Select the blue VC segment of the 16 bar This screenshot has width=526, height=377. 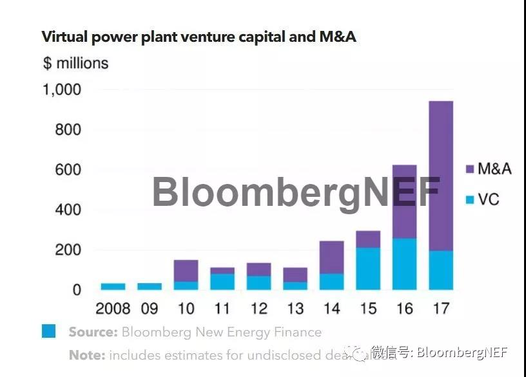click(x=404, y=264)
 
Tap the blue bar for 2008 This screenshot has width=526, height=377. click(x=113, y=286)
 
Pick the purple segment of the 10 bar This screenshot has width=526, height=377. click(x=186, y=270)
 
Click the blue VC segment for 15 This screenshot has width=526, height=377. click(x=368, y=268)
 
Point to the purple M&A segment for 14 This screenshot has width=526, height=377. click(x=331, y=257)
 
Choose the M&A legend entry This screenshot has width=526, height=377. click(x=488, y=169)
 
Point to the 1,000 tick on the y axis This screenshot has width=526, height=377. click(x=62, y=90)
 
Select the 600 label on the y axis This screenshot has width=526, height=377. click(x=68, y=170)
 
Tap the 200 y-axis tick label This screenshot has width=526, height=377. click(x=68, y=250)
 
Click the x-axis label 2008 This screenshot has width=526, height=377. click(x=113, y=309)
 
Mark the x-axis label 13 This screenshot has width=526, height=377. click(x=295, y=309)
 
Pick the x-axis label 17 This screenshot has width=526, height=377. click(x=441, y=309)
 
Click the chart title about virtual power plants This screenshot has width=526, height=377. click(x=199, y=37)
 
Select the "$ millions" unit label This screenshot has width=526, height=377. click(x=75, y=63)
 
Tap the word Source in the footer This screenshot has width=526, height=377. click(x=93, y=333)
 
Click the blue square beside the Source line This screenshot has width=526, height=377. click(x=49, y=331)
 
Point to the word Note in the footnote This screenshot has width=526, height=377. click(x=86, y=355)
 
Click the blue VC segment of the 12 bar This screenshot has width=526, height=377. click(x=258, y=282)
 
